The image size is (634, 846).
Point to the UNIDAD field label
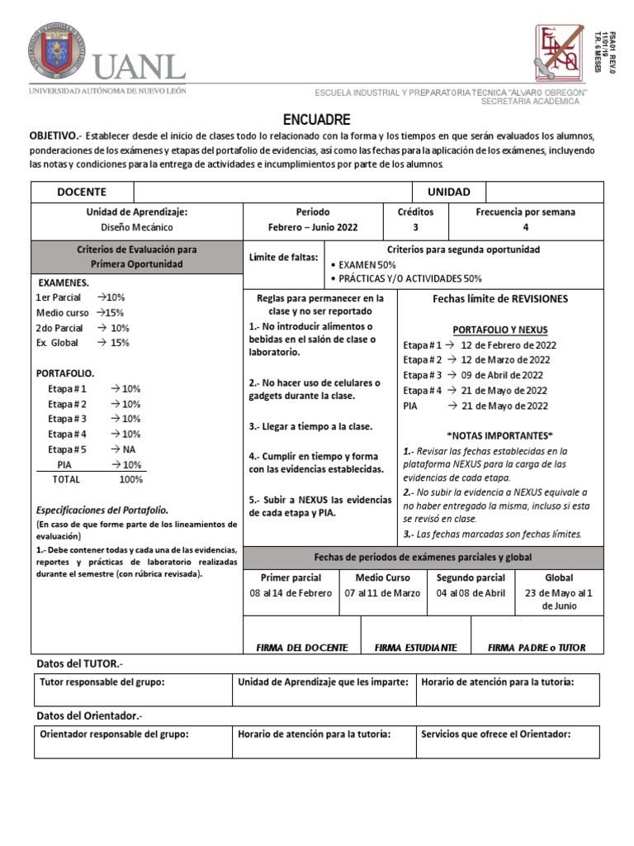point(448,192)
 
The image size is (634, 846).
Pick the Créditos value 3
point(415,227)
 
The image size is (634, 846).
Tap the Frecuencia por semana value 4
point(525,227)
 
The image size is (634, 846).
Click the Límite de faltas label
point(283,258)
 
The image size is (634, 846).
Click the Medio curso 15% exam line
point(79,312)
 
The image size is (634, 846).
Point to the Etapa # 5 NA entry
point(91,449)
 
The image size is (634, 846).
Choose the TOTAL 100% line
point(97,479)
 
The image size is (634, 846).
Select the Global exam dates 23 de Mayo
point(558,599)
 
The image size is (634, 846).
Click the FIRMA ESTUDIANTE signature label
point(409,648)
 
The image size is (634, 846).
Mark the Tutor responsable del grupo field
point(102,682)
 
